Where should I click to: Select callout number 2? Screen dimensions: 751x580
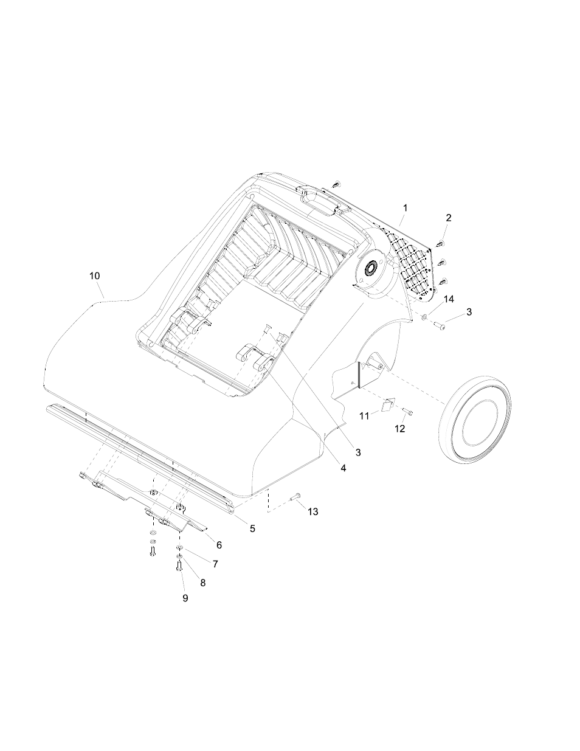tap(449, 218)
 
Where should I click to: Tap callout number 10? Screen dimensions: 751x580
tap(94, 275)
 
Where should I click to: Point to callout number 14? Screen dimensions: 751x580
tap(449, 299)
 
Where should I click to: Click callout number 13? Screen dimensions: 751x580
tap(312, 511)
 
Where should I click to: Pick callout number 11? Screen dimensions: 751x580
tap(364, 415)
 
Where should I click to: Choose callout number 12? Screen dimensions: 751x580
tap(399, 428)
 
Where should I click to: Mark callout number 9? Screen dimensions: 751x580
tap(185, 598)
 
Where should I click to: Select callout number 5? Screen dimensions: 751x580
tap(252, 528)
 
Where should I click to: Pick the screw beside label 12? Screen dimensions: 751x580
tap(410, 413)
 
